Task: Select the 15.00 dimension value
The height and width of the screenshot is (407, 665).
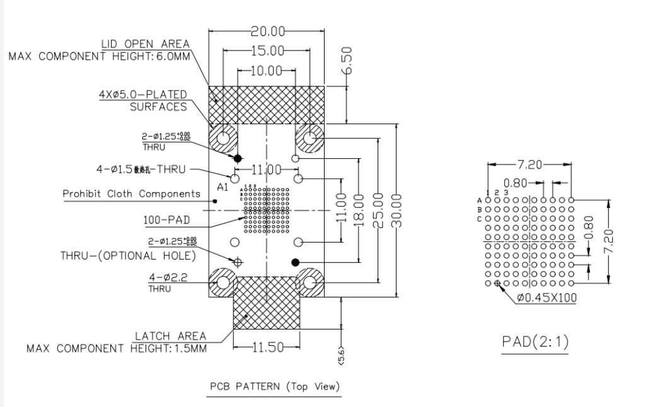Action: (x=268, y=51)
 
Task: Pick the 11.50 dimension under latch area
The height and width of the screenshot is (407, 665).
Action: (x=267, y=347)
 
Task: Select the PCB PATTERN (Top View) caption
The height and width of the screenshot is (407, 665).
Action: (x=274, y=385)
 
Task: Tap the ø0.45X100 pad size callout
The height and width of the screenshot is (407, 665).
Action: (x=545, y=297)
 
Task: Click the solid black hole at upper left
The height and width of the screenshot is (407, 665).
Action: (x=238, y=158)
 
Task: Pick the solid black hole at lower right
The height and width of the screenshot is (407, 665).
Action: (x=294, y=262)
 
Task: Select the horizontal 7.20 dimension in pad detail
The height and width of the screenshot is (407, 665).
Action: (x=529, y=165)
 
